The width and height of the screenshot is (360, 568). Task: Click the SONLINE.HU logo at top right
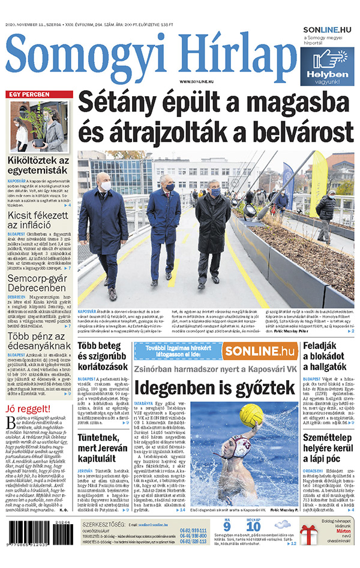pos(328,29)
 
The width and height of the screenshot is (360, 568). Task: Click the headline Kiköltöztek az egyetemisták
pos(38,167)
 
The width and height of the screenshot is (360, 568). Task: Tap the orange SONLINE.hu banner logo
pos(259,351)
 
